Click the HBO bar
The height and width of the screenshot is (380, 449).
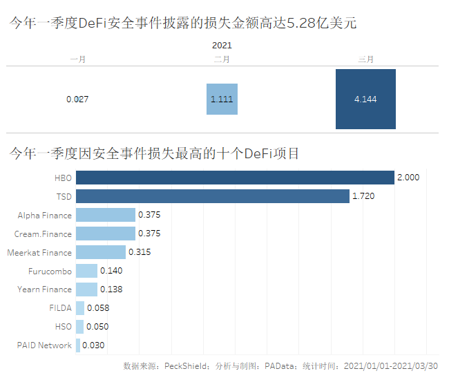coord(235,178)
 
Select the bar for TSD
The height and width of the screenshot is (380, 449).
coord(213,196)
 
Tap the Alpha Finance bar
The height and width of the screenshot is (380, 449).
coord(106,215)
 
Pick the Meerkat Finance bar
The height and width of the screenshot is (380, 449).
coord(101,252)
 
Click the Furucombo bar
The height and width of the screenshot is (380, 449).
coord(86,271)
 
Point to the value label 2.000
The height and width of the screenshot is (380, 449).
coord(408,178)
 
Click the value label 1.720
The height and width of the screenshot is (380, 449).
coord(363,196)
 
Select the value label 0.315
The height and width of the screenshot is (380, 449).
coord(140,252)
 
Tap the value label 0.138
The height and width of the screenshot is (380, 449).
coord(111,289)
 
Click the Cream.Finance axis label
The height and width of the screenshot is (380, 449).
coord(43,234)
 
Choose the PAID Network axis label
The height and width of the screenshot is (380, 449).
coord(44,345)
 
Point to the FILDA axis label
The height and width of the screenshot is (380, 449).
coord(60,308)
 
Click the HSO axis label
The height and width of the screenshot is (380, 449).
coord(63,327)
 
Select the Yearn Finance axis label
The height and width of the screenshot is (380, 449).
coord(44,289)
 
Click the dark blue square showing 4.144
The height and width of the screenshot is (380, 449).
coord(365,99)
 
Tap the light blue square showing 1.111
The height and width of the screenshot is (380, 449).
coord(222,99)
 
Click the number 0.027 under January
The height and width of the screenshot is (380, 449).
coord(77,99)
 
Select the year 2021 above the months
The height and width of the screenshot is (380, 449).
coord(222,45)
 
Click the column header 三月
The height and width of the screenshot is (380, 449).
coord(365,59)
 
